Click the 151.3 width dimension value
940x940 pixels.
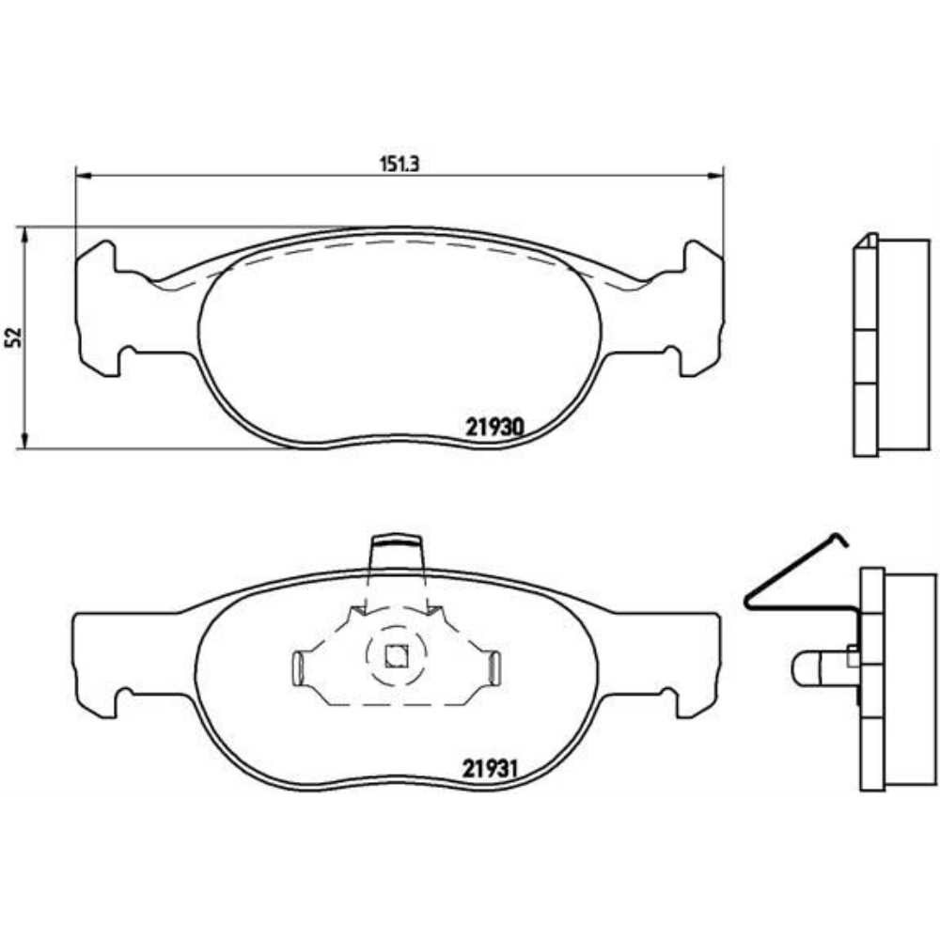(x=398, y=162)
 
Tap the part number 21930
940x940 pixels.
(x=493, y=426)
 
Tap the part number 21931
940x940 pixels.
(x=491, y=767)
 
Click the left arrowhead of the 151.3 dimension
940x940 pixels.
(x=82, y=175)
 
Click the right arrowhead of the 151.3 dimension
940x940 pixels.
(x=715, y=175)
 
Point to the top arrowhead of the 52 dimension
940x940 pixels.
(x=25, y=233)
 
